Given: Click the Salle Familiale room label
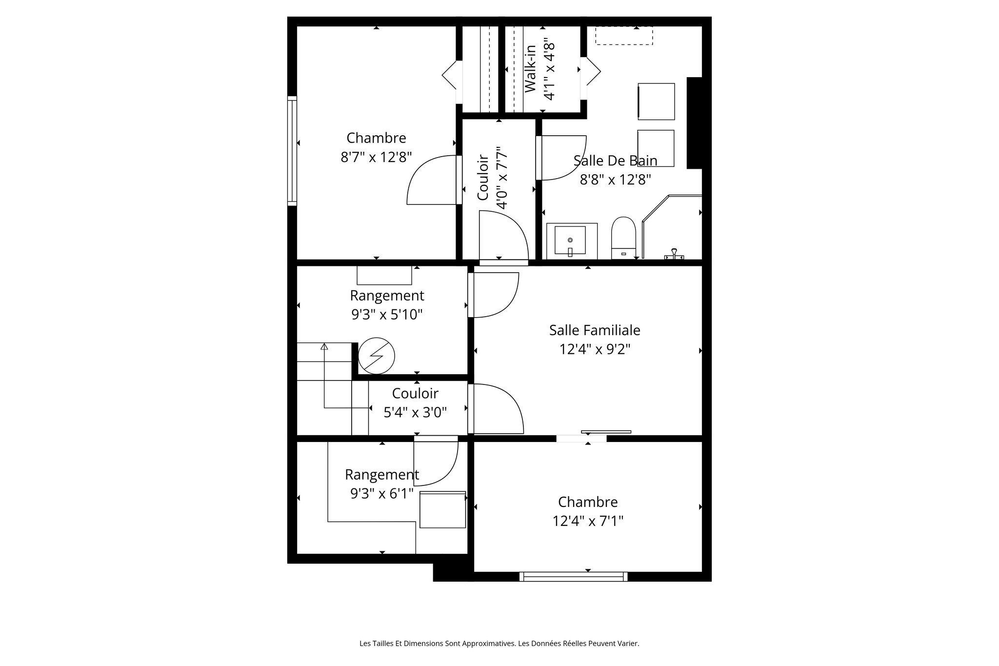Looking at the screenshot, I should [x=594, y=330].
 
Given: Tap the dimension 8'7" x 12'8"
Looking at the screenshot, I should [x=376, y=157].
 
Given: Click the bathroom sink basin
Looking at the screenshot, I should [x=570, y=240].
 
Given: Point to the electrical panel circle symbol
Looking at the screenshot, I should [x=376, y=356].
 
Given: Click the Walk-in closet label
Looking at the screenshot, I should [x=530, y=69].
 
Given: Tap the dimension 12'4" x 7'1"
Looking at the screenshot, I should [x=588, y=521].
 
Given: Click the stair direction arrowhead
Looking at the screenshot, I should [x=324, y=346].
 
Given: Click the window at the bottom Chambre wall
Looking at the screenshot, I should [x=573, y=577].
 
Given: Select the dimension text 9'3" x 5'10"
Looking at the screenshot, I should [x=387, y=315].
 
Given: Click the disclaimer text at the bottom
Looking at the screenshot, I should [x=499, y=644].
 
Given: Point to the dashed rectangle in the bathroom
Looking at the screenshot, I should [x=623, y=36].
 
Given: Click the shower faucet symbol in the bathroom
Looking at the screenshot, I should [x=675, y=254].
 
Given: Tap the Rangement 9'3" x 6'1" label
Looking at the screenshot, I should [x=382, y=474].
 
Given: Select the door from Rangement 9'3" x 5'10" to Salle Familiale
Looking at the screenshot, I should [x=493, y=295].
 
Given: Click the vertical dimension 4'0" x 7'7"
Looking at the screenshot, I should [x=502, y=178].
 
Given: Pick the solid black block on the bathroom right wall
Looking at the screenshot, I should [x=694, y=123].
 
